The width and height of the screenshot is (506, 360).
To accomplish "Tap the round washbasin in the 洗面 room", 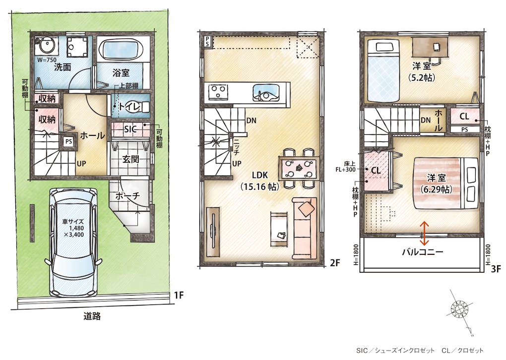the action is (47, 46).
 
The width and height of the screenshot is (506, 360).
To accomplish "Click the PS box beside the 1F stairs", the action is (68, 141).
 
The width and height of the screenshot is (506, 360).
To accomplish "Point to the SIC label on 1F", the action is (130, 129).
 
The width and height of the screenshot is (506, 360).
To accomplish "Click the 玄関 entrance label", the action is (130, 159).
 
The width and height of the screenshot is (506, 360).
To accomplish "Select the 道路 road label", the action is (92, 316).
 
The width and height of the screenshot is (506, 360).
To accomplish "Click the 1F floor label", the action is (179, 295).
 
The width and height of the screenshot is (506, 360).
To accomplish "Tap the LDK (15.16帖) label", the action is (260, 180).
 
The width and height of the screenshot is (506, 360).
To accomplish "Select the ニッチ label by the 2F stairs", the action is (237, 146).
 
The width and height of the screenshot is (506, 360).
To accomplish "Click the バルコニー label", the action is (423, 252).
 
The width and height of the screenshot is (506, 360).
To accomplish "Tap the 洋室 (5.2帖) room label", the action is (422, 71).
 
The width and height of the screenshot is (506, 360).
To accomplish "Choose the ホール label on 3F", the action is (438, 120).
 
